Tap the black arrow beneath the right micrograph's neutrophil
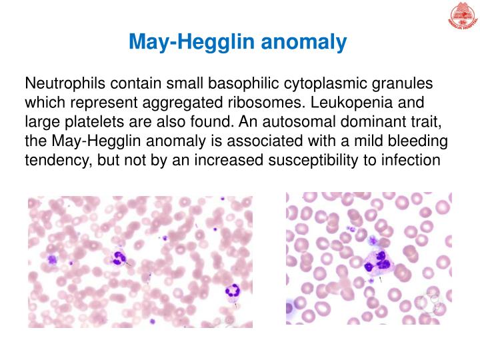(380, 281)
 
